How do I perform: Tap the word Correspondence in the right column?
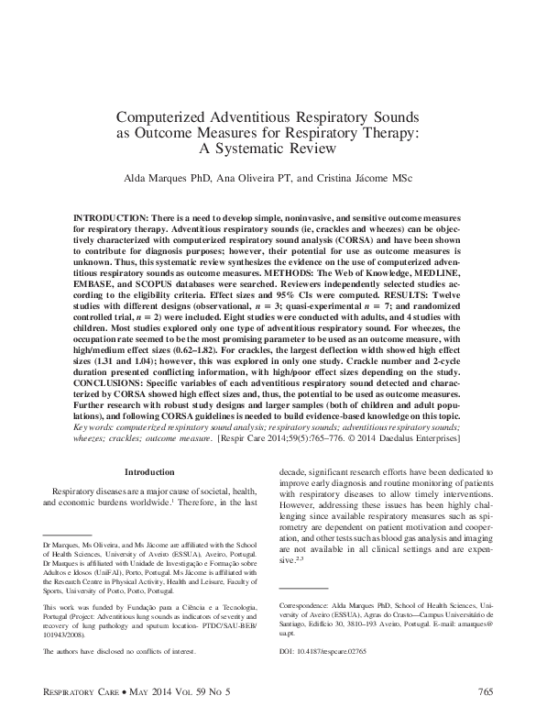click(307, 605)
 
